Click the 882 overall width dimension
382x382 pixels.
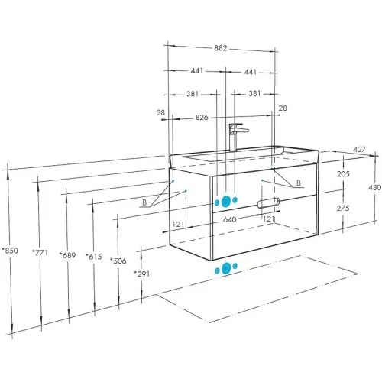[x=220, y=48]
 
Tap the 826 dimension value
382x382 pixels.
[x=202, y=118]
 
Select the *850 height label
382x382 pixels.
[x=10, y=251]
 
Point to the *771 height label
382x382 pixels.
[x=40, y=253]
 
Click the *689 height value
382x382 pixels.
[x=67, y=255]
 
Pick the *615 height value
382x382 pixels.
[x=94, y=257]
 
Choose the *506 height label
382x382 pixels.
[x=118, y=261]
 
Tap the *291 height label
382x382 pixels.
[x=142, y=274]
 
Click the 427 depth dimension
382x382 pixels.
[x=359, y=150]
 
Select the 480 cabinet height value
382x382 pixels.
[x=374, y=188]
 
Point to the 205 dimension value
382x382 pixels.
[x=343, y=174]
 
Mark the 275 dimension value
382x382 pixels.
[x=343, y=209]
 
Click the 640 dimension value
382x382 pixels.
[x=230, y=219]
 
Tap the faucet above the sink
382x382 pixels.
[x=236, y=137]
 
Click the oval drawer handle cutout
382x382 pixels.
[x=268, y=202]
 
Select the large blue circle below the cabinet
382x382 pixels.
[x=226, y=268]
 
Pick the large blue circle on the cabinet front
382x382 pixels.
[x=226, y=202]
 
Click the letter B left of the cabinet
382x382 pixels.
[x=144, y=202]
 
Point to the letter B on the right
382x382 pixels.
[x=299, y=183]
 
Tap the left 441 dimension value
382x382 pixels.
[x=197, y=70]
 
